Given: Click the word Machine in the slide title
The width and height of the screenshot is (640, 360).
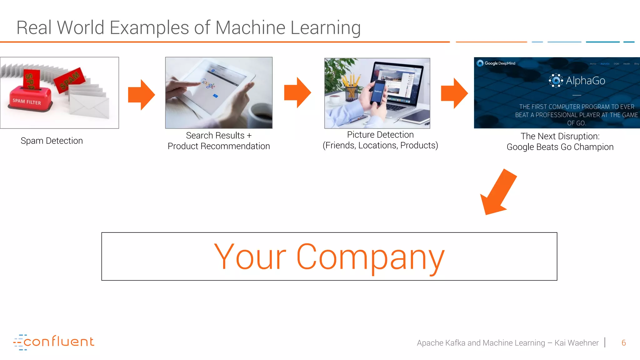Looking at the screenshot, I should coord(250,27).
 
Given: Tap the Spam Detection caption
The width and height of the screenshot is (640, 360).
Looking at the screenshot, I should coord(52,141).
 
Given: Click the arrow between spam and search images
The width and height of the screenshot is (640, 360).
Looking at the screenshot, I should coord(142,95).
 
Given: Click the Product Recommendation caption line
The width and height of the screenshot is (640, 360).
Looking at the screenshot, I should coord(218,146).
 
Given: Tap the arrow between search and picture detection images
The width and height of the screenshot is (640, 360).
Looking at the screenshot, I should coord(297,93).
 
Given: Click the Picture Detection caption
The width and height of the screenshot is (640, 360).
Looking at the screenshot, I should coord(380,135).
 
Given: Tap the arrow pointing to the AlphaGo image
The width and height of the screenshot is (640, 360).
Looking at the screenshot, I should coord(454,93).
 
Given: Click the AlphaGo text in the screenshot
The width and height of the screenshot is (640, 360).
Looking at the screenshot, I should coord(585,81).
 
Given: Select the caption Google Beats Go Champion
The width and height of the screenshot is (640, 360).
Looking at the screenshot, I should coord(560,147).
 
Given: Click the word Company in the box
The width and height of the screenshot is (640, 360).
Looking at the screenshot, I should coord(370,257).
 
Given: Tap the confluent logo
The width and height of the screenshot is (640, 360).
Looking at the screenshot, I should coord(54,342).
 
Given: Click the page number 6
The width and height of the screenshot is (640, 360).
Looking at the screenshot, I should coord(623,343).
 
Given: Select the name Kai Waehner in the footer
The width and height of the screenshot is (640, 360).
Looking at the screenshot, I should coord(576,343).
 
